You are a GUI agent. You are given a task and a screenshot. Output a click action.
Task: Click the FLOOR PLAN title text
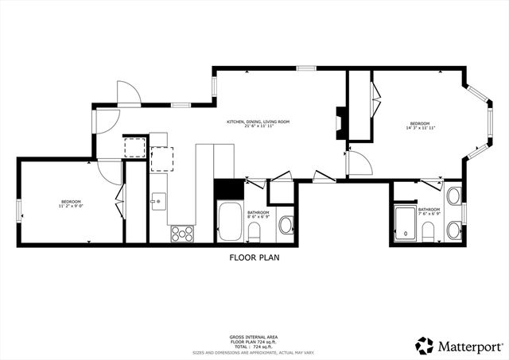click(x=254, y=257)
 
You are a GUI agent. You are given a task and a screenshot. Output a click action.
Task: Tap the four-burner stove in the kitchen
click(x=182, y=232)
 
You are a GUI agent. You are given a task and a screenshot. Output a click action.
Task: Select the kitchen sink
click(x=158, y=200)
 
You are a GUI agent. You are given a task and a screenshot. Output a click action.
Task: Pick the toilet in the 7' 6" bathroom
click(x=427, y=231)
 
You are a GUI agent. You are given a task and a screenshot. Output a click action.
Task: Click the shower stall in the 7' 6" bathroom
click(x=406, y=223)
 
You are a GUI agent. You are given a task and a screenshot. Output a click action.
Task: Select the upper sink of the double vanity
click(x=454, y=196)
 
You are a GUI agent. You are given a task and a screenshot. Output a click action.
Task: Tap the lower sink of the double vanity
click(x=454, y=230)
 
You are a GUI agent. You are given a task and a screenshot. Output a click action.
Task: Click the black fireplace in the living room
click(x=340, y=123)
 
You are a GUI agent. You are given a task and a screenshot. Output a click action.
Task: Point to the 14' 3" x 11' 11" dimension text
click(x=419, y=129)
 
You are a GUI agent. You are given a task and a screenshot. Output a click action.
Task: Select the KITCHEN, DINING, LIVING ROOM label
click(x=258, y=122)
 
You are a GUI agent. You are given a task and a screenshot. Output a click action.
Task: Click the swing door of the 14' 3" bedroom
click(x=358, y=164)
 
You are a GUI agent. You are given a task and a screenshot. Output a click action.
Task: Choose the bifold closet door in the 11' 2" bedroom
click(x=119, y=202)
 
